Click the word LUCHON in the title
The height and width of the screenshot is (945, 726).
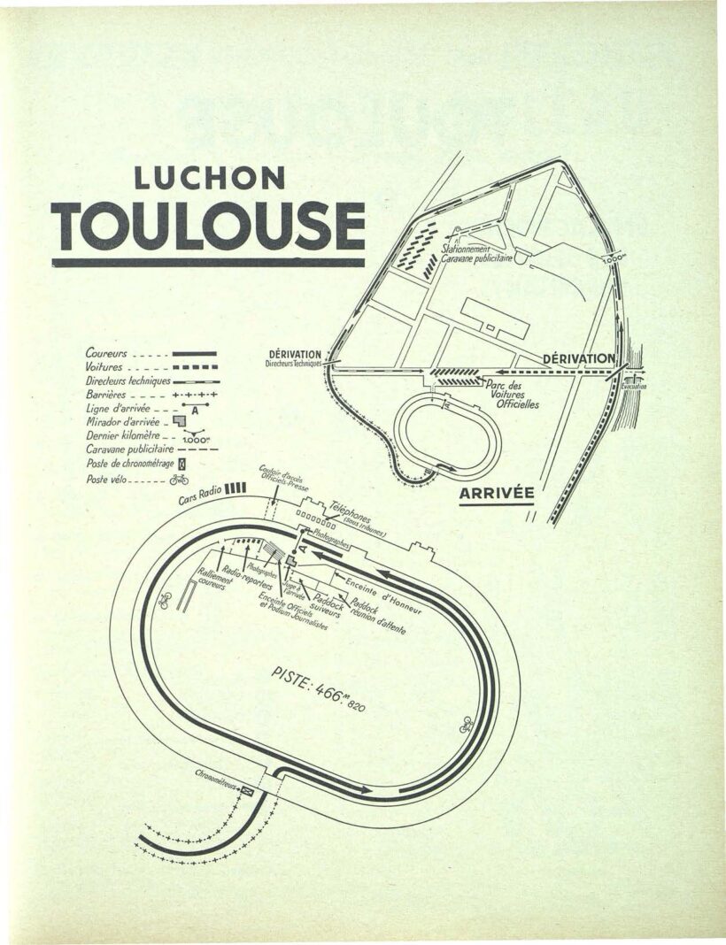(209, 177)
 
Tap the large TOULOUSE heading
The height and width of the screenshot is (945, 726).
(208, 227)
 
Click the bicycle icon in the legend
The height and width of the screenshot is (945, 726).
(180, 480)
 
